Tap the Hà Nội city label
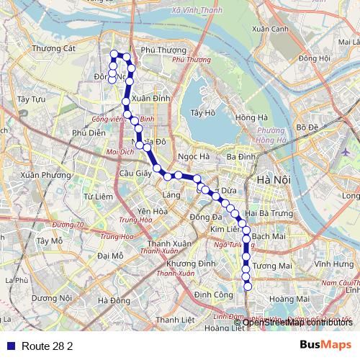tap(273, 179)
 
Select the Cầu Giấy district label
tap(135, 173)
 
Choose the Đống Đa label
tap(204, 217)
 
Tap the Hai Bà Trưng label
tap(267, 214)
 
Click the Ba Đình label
tap(240, 156)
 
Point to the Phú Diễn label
tap(89, 132)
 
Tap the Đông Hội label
tap(315, 58)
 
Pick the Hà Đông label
tap(114, 300)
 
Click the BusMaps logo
tap(325, 344)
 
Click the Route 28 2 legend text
tap(48, 346)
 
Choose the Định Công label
tap(212, 294)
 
